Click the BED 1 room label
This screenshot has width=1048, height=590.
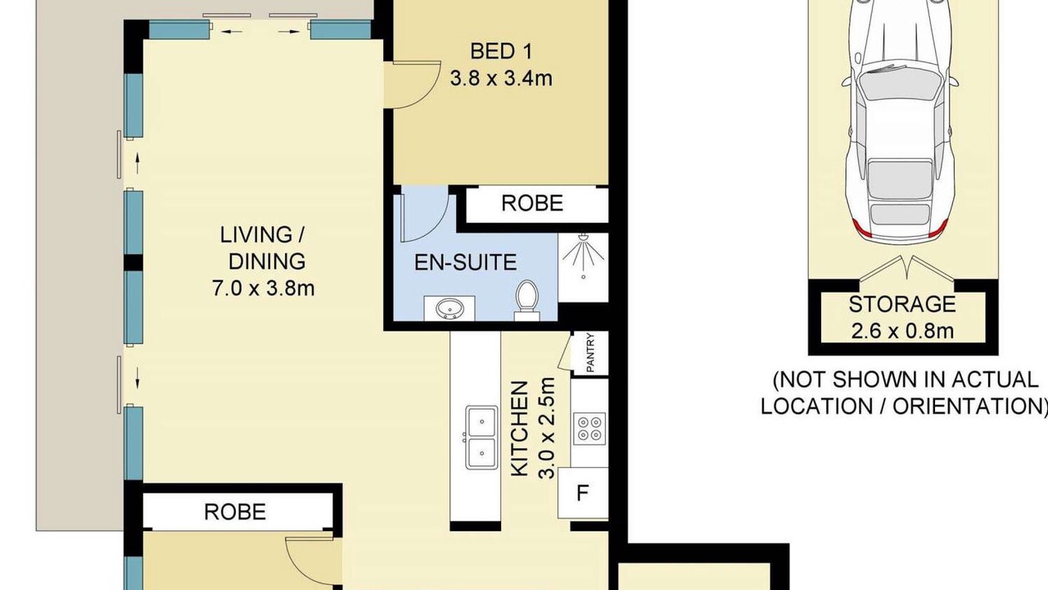[x=501, y=51]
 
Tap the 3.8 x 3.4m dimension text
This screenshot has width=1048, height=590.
[x=501, y=78]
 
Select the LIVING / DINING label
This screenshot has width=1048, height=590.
[x=264, y=247]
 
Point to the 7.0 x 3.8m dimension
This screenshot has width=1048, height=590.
[x=264, y=288]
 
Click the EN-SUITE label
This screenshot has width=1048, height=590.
[x=466, y=262]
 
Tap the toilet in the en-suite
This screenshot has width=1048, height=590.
[x=526, y=300]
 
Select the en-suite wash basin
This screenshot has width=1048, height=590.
[x=449, y=309]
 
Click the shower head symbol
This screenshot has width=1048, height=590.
[x=583, y=256]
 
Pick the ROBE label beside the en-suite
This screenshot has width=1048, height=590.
[x=532, y=203]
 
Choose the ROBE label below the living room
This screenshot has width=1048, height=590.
[x=235, y=512]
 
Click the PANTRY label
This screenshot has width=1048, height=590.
[x=590, y=352]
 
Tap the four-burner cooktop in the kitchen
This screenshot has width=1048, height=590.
[x=589, y=429]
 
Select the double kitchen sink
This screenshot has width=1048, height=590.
[x=481, y=438]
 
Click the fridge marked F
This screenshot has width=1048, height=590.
[x=583, y=493]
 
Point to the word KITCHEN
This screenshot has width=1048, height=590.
[x=519, y=429]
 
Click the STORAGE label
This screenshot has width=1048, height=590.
[x=902, y=304]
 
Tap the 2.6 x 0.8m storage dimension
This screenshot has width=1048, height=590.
[x=902, y=332]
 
